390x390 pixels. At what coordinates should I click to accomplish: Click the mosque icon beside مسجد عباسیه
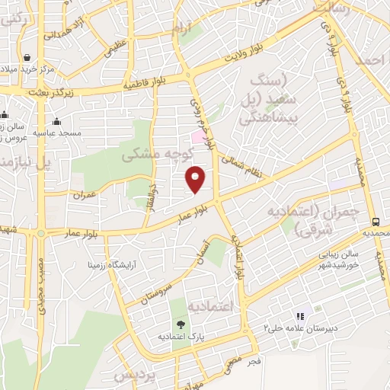[56, 120]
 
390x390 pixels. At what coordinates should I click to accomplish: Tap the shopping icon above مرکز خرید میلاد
[27, 58]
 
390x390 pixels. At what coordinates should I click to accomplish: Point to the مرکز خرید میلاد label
[27, 70]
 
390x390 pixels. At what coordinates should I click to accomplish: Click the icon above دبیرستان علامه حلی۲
[299, 316]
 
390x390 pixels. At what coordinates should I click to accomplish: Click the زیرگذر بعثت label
[35, 91]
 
